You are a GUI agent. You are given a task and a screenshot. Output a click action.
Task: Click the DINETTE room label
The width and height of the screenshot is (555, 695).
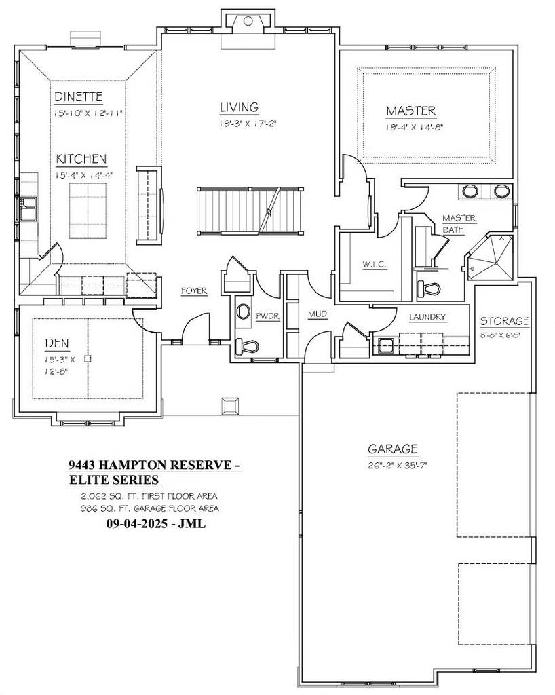pos(79,97)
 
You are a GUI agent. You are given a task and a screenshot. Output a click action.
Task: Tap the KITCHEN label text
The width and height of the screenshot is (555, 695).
pos(81,159)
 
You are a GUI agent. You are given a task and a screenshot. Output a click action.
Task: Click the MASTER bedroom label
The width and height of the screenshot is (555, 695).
pos(411,111)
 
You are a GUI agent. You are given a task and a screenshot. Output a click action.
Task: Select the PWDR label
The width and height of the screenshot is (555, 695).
pos(264,316)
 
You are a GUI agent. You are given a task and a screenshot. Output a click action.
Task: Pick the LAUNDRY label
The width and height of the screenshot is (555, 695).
pos(427,317)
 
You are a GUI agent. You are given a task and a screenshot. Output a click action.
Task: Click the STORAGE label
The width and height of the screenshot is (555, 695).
pos(504,321)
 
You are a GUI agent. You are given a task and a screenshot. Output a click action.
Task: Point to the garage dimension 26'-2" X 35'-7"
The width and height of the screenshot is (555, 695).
pos(393,465)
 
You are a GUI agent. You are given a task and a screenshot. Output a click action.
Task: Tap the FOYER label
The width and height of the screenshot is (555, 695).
pos(193,291)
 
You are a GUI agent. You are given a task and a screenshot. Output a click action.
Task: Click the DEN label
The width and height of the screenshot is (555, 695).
pos(58,343)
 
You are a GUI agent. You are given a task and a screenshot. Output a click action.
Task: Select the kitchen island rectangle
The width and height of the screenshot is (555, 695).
pos(88,206)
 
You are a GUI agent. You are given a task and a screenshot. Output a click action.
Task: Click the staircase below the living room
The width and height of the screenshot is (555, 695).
pos(249,211)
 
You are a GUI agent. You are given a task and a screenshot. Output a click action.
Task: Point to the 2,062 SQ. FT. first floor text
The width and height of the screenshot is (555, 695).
pos(149,496)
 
